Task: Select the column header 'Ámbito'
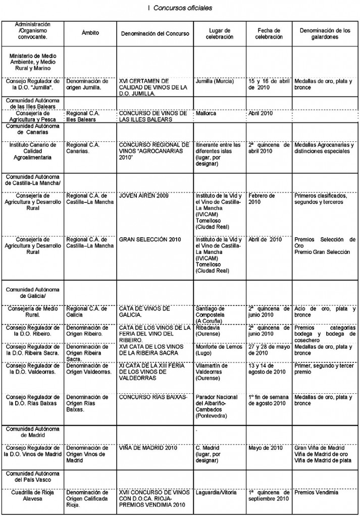pyautogui.click(x=90, y=33)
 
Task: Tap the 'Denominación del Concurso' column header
pyautogui.click(x=155, y=33)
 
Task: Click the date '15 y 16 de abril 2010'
pyautogui.click(x=268, y=84)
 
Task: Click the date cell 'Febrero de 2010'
pyautogui.click(x=262, y=198)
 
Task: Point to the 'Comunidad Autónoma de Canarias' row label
pyautogui.click(x=33, y=129)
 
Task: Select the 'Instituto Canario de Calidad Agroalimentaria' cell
pyautogui.click(x=33, y=151)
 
